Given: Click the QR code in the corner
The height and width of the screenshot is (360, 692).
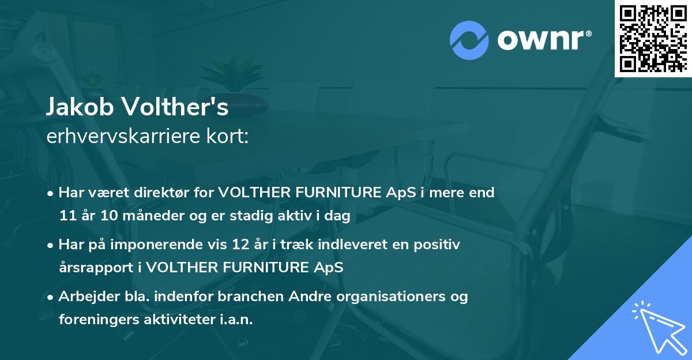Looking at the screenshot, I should point(653,38).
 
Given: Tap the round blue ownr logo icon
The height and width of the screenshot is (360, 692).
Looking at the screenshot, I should point(469,40).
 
